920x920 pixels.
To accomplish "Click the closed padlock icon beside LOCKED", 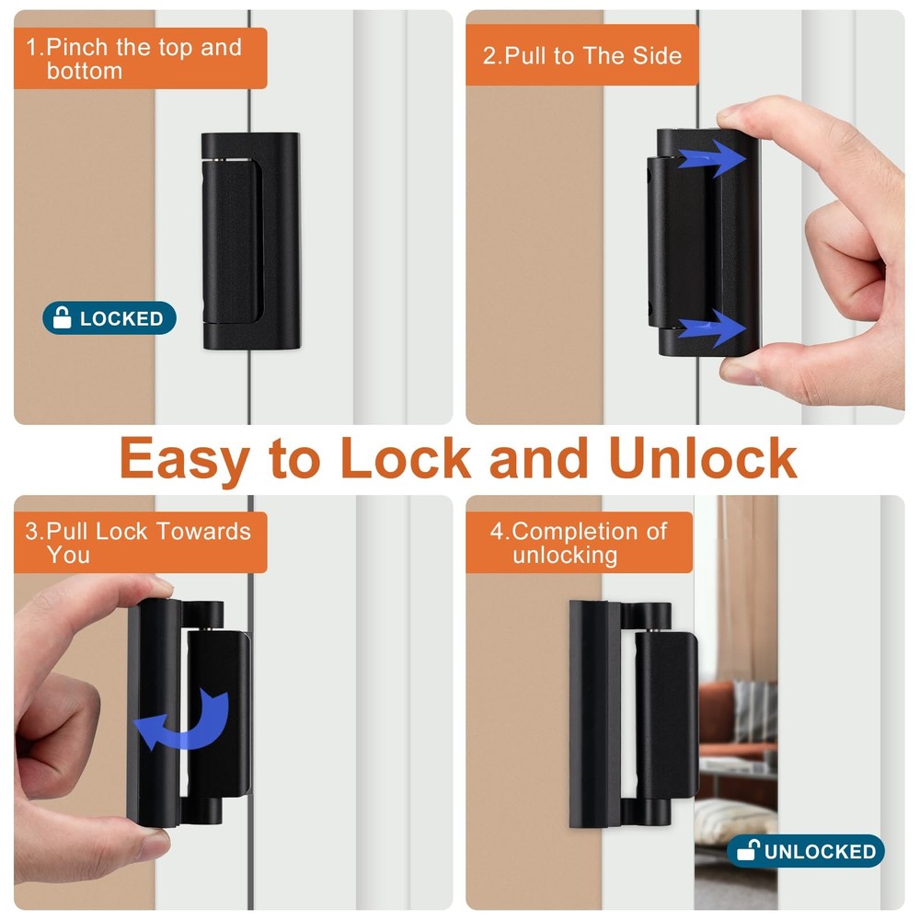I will (63, 318).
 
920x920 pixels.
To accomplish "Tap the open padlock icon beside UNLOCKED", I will (748, 851).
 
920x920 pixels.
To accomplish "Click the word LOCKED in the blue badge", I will (121, 319).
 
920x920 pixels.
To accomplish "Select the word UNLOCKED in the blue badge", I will (820, 851).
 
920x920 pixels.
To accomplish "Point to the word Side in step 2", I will (657, 55).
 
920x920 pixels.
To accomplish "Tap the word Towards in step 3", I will (203, 532).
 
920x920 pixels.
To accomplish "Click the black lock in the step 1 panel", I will (250, 240).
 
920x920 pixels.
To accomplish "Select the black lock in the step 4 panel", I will (635, 713).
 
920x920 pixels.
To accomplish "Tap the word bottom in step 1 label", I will (85, 71).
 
